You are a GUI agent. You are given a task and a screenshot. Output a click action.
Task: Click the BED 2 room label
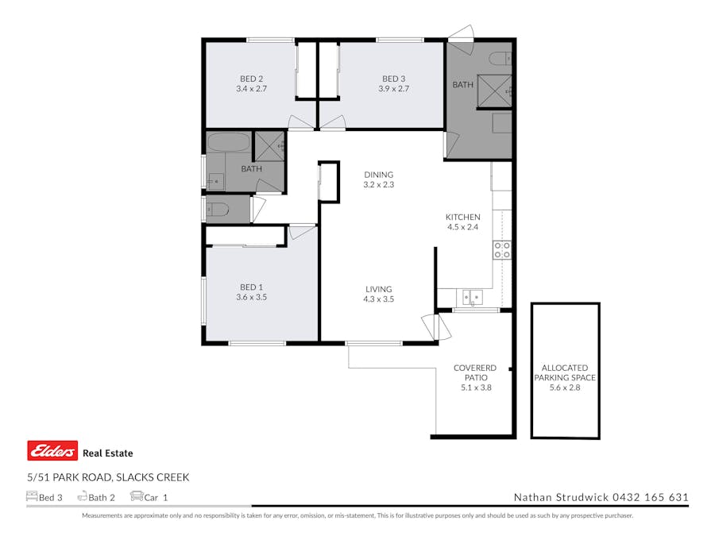(x=251, y=79)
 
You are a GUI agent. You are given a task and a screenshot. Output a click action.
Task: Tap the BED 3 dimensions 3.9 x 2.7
(x=393, y=89)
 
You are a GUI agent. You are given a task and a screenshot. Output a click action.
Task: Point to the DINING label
(x=378, y=175)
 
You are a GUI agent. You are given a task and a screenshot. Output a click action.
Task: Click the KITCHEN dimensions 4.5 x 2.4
(x=462, y=227)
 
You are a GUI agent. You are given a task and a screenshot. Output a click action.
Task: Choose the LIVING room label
(x=378, y=289)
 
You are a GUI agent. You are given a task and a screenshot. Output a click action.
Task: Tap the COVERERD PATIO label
(x=475, y=373)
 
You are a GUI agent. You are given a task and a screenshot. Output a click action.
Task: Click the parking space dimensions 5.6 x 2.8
(x=564, y=388)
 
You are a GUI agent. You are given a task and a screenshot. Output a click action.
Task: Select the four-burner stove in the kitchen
(x=502, y=250)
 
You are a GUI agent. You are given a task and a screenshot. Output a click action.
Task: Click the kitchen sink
(x=472, y=298)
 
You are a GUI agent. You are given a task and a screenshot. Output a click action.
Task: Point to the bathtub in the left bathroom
(x=228, y=143)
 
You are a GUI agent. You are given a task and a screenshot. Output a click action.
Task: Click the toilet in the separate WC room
(x=218, y=210)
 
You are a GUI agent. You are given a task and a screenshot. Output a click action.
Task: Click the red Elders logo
(x=52, y=451)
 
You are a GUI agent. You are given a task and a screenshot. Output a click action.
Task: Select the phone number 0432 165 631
(x=650, y=498)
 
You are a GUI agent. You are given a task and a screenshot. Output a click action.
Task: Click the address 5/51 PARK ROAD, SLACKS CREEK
(x=108, y=477)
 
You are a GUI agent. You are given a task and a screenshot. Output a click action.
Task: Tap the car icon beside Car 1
(x=136, y=497)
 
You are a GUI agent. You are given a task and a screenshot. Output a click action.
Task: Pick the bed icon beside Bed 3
(x=32, y=497)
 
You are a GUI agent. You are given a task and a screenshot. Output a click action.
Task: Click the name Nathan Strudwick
(x=560, y=498)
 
